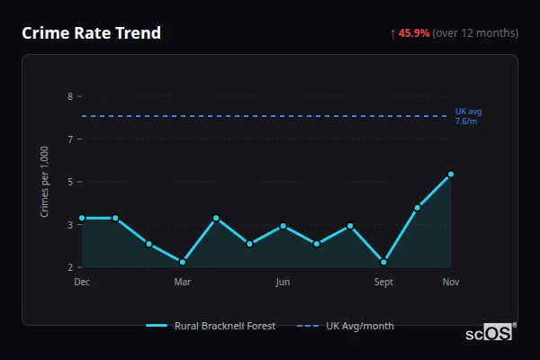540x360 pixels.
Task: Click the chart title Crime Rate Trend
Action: coord(91,33)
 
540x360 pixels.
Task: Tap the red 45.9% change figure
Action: coord(414,33)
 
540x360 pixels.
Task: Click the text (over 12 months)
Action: coord(475,33)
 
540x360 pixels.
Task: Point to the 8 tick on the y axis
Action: coord(71,96)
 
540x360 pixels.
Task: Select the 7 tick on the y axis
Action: coord(71,139)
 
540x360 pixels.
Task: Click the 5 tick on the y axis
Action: coord(71,182)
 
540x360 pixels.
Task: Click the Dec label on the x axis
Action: coord(82,282)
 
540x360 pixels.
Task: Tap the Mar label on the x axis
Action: coord(182,282)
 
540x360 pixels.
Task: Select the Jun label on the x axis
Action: coord(283,282)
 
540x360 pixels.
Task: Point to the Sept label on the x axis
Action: coord(383,282)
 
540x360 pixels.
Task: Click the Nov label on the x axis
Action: coord(451,282)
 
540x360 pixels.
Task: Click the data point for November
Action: coord(451,175)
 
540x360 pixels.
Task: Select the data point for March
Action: coord(183,262)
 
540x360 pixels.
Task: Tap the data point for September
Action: coord(384,262)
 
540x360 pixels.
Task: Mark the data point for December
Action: coord(82,218)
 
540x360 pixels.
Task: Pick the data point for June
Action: coord(283,226)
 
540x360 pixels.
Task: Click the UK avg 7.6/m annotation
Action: coord(469,116)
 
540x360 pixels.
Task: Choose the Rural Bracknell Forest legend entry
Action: coord(211,326)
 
